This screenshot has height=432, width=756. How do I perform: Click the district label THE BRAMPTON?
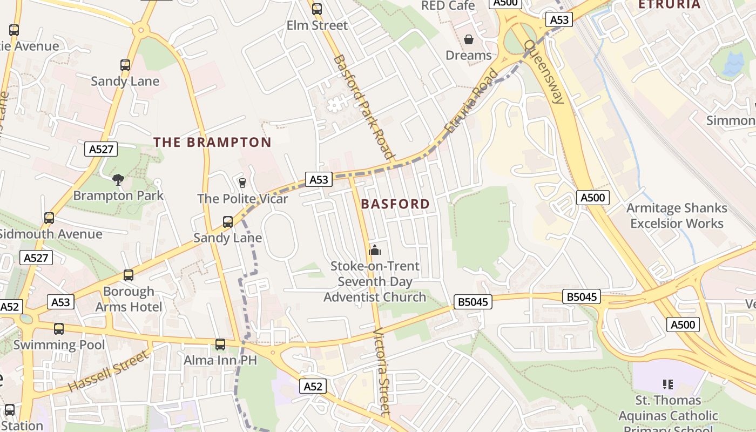(212, 142)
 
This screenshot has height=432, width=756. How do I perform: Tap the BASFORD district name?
(395, 204)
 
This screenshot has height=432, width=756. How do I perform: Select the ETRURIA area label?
(670, 5)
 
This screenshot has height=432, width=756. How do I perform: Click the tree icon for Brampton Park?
(118, 179)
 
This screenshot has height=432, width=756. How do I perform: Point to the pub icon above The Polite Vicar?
(242, 183)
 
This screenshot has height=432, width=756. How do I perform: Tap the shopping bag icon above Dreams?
(469, 39)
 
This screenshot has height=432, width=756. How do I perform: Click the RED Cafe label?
(448, 6)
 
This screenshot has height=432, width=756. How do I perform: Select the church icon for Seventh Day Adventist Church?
(375, 250)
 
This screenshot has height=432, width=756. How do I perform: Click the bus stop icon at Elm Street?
(317, 9)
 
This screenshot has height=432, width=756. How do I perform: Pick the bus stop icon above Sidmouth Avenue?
(49, 218)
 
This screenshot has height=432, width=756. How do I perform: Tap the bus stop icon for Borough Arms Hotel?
(129, 275)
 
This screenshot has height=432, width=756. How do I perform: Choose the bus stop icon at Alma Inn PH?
(220, 344)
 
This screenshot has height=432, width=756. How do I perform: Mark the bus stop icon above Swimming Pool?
(59, 328)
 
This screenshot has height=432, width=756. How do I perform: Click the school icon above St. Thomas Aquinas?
(668, 384)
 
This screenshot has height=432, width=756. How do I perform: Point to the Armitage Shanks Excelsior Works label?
(677, 215)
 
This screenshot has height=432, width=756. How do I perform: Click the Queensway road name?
(544, 72)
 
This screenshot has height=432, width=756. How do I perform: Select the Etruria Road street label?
(470, 102)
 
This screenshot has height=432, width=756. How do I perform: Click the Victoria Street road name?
(382, 371)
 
